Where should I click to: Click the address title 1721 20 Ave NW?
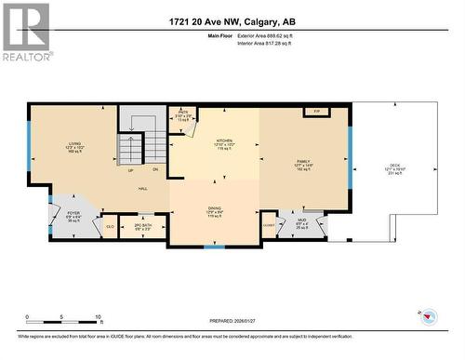[232, 21]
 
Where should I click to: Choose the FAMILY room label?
[303, 162]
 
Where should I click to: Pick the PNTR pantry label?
[183, 113]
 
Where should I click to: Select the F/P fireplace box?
[317, 111]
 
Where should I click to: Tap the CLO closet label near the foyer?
[110, 226]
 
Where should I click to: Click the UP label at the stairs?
[130, 171]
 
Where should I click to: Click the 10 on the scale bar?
[98, 317]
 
